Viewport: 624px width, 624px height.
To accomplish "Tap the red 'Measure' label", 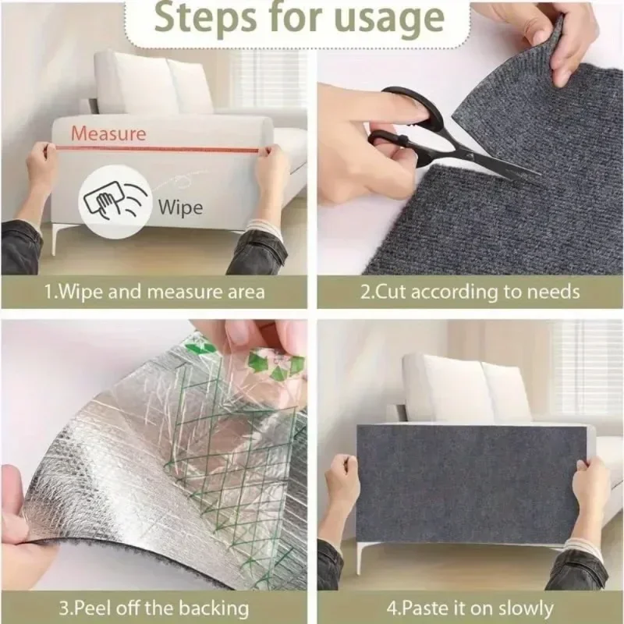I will pos(108,133).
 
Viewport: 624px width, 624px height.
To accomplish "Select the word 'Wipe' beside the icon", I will pos(180,207).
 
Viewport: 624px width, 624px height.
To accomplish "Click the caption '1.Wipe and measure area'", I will pos(154,292).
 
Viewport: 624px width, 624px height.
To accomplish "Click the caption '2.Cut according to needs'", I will pos(470,292).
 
